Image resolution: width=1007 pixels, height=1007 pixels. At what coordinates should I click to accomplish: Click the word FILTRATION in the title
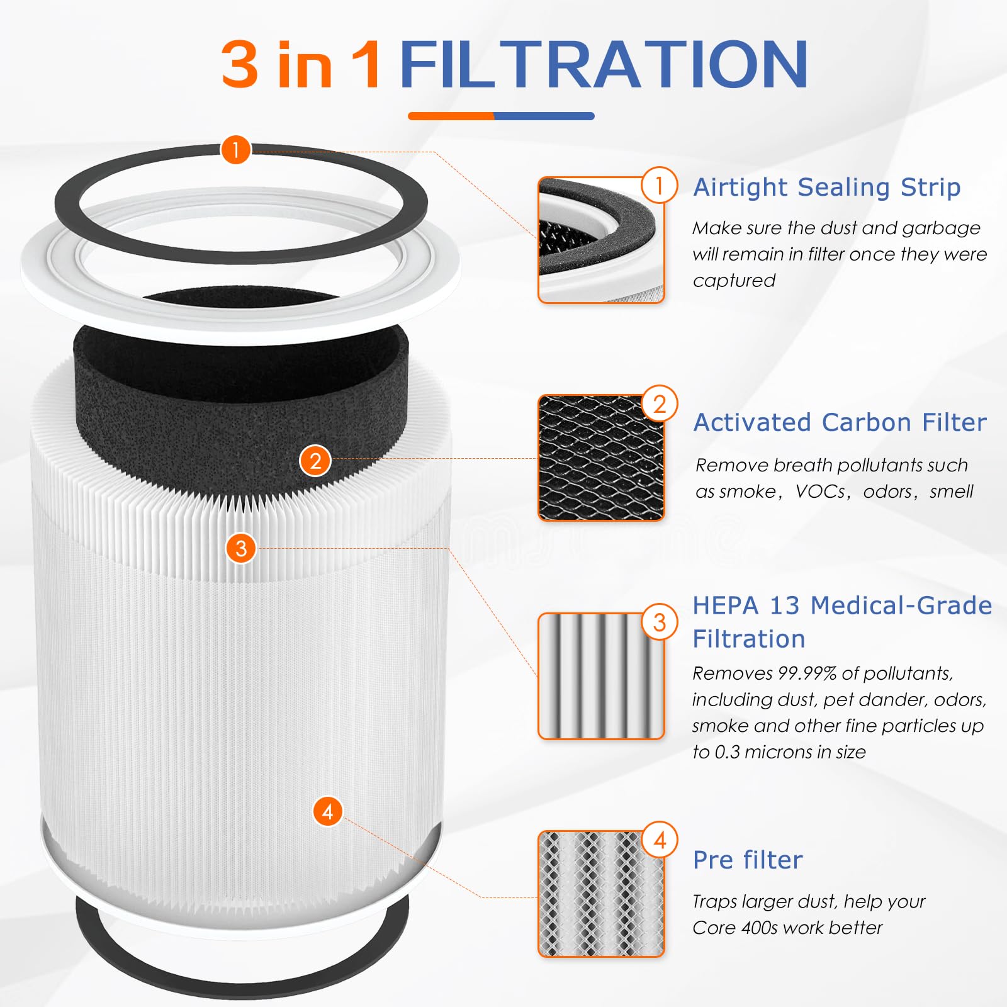pyautogui.click(x=603, y=64)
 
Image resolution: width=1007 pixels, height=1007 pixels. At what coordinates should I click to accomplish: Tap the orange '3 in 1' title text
pyautogui.click(x=301, y=64)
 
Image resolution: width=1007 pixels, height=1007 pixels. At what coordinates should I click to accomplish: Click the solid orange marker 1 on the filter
pyautogui.click(x=236, y=150)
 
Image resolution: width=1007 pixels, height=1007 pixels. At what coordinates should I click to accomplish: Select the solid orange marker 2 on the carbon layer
pyautogui.click(x=315, y=461)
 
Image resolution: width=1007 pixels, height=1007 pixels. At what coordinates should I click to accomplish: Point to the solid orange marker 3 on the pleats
pyautogui.click(x=241, y=548)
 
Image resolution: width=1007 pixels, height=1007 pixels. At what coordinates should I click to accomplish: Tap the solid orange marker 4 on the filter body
pyautogui.click(x=327, y=811)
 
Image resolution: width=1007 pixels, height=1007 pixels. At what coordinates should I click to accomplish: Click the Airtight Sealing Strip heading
pyautogui.click(x=826, y=187)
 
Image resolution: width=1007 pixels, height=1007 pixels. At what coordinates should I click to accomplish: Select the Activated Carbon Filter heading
pyautogui.click(x=840, y=422)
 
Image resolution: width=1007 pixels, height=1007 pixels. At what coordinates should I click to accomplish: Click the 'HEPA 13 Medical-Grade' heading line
pyautogui.click(x=841, y=605)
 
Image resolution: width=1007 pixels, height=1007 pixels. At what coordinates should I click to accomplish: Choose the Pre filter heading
pyautogui.click(x=748, y=860)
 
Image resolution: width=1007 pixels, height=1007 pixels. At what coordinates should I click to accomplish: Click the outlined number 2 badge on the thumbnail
pyautogui.click(x=659, y=403)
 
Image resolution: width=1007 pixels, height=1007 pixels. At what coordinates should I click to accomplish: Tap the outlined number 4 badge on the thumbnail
pyautogui.click(x=659, y=840)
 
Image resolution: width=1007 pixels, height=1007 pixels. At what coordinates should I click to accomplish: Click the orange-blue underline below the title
pyautogui.click(x=501, y=116)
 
